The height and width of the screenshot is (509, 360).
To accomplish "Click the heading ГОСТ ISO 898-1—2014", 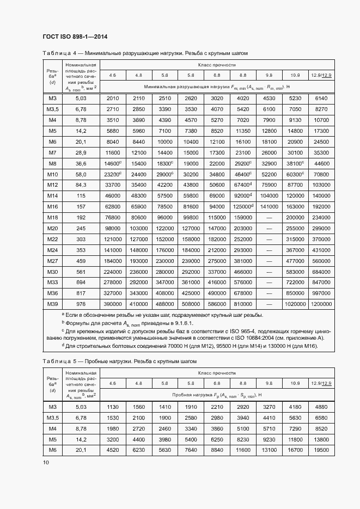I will [75, 37].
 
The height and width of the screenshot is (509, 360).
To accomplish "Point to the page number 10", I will [46, 462].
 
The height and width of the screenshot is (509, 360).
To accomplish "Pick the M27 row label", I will [52, 261].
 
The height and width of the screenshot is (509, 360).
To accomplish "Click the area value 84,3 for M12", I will [81, 185].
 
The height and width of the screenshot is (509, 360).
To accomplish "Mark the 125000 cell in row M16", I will [242, 206].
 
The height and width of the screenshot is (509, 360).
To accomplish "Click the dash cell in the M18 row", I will [269, 217].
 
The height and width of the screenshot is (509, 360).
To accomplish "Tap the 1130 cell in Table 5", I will [113, 407].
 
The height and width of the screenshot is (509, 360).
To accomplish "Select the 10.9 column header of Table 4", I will [295, 75].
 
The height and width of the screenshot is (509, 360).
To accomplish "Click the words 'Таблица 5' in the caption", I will [59, 361].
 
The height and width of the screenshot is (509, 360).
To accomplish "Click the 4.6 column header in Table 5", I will [113, 384].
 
